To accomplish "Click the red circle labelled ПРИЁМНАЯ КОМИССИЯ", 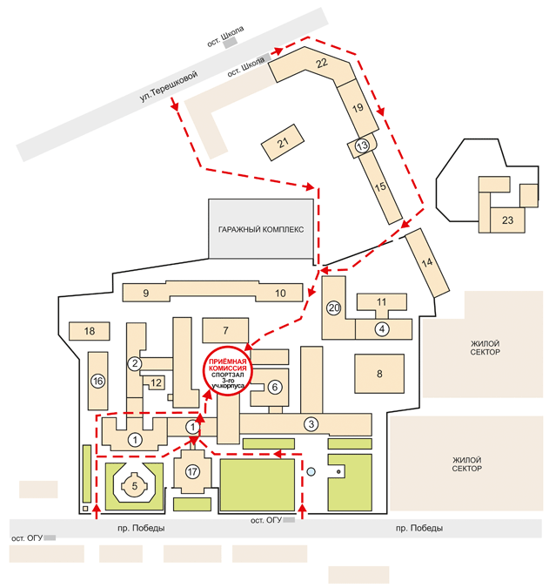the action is pyautogui.click(x=228, y=370).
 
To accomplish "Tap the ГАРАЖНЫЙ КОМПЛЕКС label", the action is pyautogui.click(x=261, y=229).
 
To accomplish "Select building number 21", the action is pyautogui.click(x=283, y=143).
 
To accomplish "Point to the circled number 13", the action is pyautogui.click(x=362, y=145).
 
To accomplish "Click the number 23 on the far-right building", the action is pyautogui.click(x=507, y=220).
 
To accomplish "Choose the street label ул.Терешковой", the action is pyautogui.click(x=169, y=86).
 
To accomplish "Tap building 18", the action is pyautogui.click(x=89, y=331).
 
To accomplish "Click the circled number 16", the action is pyautogui.click(x=97, y=382).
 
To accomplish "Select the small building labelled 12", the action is pyautogui.click(x=156, y=383).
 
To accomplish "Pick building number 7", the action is pyautogui.click(x=225, y=330).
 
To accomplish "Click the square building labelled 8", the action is pyautogui.click(x=379, y=374).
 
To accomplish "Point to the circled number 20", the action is pyautogui.click(x=334, y=308).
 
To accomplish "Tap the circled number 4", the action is pyautogui.click(x=382, y=329).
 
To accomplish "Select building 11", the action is pyautogui.click(x=382, y=302).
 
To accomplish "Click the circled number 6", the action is pyautogui.click(x=275, y=387).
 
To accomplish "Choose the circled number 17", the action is pyautogui.click(x=192, y=471).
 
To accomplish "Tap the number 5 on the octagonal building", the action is pyautogui.click(x=135, y=486).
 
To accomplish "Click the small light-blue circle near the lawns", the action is pyautogui.click(x=311, y=472).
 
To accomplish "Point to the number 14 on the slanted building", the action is pyautogui.click(x=427, y=262).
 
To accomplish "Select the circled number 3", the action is pyautogui.click(x=311, y=424).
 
